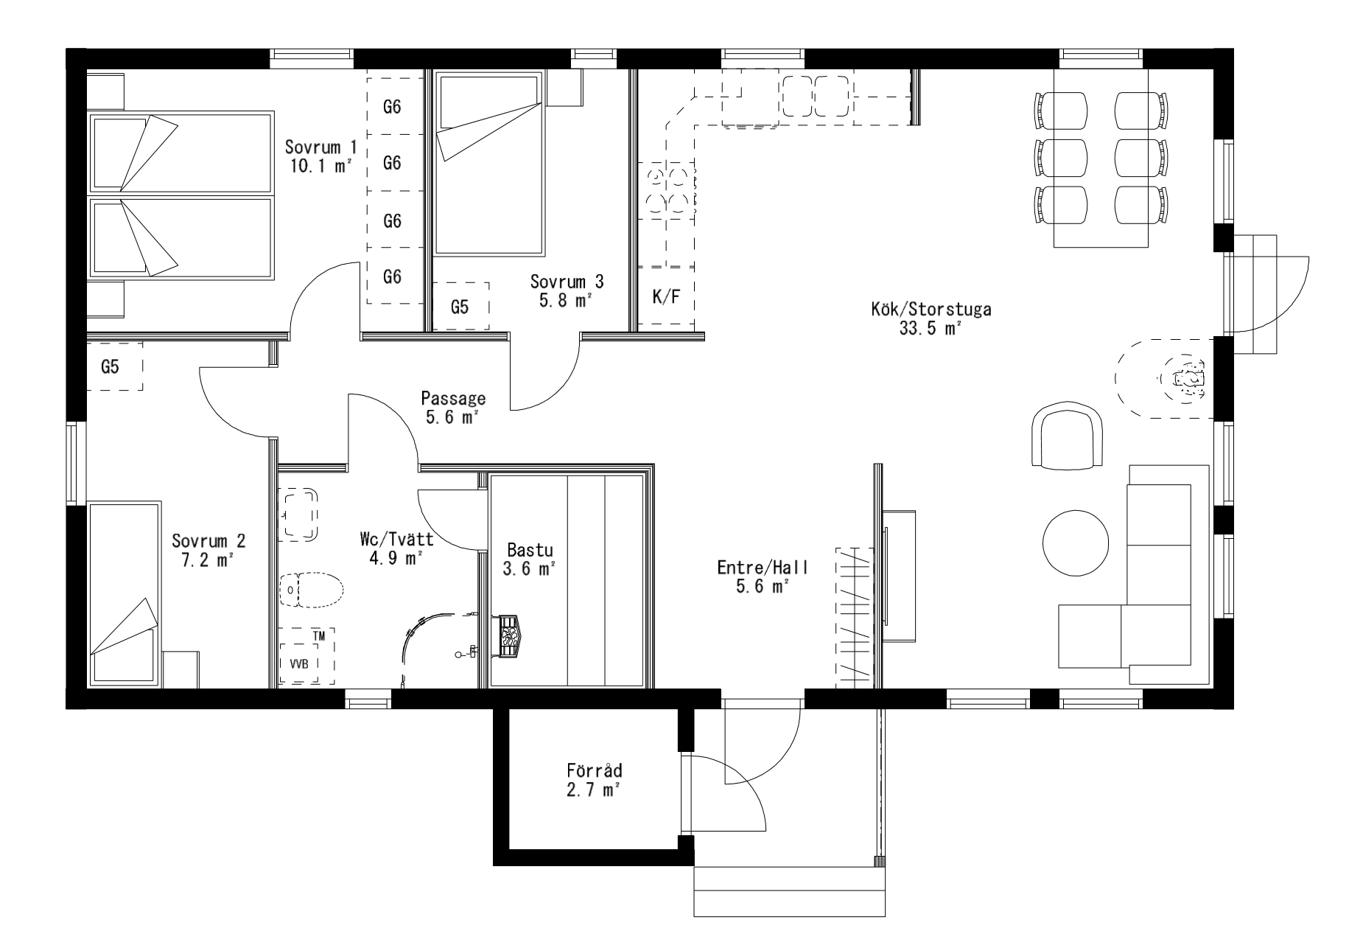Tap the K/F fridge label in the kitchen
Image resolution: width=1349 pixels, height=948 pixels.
(x=667, y=296)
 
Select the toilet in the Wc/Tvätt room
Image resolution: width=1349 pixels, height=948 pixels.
(x=312, y=589)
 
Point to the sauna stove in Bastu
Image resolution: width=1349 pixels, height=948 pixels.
(x=509, y=635)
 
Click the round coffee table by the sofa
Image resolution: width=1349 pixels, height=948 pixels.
(x=1075, y=543)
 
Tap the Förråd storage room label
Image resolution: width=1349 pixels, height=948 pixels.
(x=595, y=780)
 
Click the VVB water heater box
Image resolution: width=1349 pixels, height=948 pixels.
(x=300, y=662)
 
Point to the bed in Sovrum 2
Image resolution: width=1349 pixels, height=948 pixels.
(x=125, y=595)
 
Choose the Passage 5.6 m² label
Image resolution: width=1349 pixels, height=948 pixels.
(x=453, y=408)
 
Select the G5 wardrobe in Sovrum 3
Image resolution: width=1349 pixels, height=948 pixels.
(x=460, y=306)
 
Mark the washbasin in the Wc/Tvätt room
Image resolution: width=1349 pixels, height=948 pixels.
(x=299, y=515)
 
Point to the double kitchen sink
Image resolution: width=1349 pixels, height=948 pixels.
(x=816, y=96)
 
